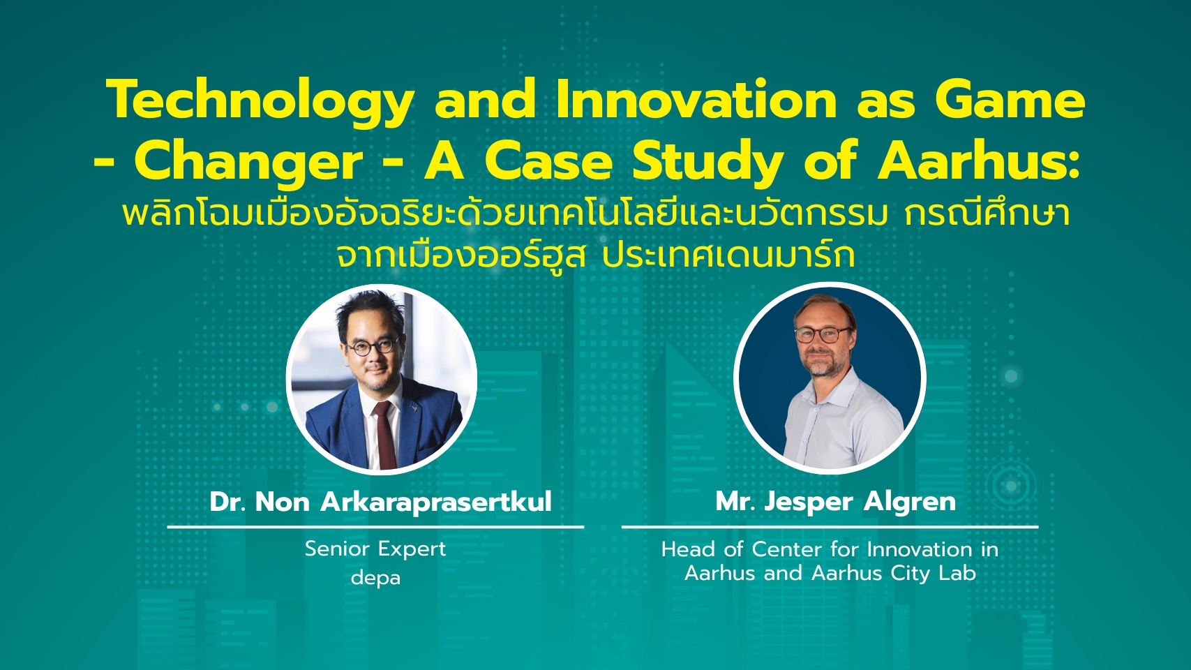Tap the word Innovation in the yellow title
pos(697,99)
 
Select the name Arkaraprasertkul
pos(436,502)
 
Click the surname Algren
pos(910,502)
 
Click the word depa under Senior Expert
pos(375,577)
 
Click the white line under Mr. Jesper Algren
pos(830,527)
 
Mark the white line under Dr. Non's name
pos(375,527)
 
